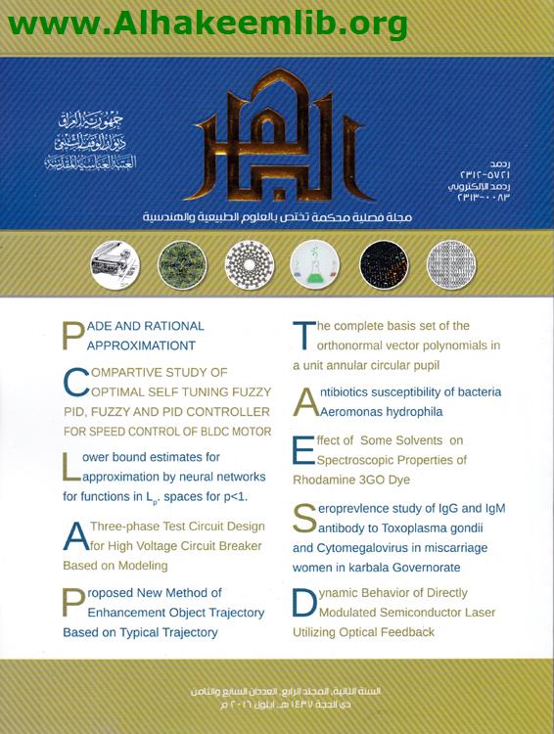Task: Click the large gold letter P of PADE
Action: tap(73, 335)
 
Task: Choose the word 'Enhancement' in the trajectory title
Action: tap(144, 613)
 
